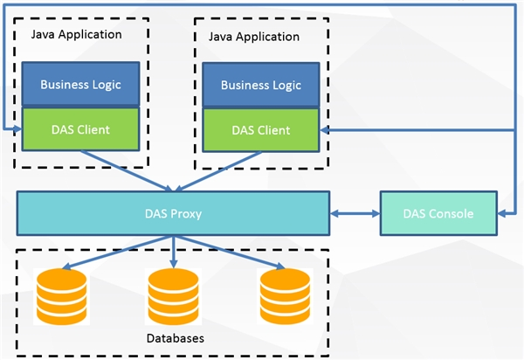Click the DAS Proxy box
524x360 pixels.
click(x=172, y=213)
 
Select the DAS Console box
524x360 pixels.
click(x=438, y=213)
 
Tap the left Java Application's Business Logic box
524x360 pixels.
click(x=80, y=84)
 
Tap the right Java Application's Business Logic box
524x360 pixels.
click(x=260, y=85)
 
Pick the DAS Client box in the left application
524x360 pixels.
click(x=80, y=129)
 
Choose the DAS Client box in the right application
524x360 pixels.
click(x=260, y=130)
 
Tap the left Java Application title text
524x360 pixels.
click(x=76, y=34)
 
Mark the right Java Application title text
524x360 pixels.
click(x=254, y=37)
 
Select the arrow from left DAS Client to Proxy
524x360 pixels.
click(x=131, y=170)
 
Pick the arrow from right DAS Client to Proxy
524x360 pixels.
click(x=218, y=170)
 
